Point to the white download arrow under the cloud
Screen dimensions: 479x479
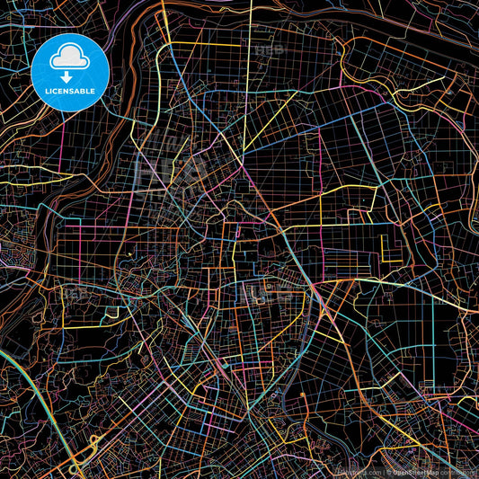click(x=68, y=76)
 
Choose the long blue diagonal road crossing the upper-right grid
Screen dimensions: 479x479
click(x=297, y=135)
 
